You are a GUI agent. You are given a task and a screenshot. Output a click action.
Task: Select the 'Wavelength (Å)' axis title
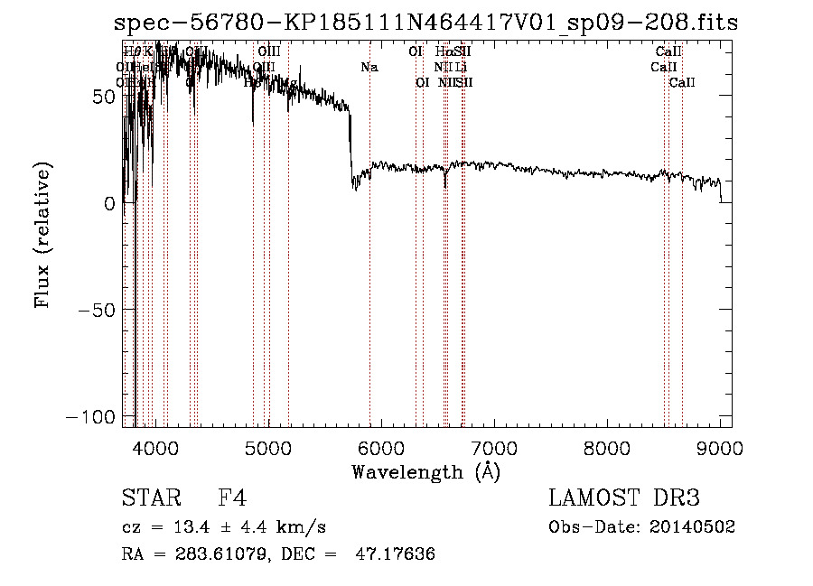click(425, 471)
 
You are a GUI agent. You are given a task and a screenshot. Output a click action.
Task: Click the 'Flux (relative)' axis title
click(42, 234)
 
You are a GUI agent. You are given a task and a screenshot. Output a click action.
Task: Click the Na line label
click(369, 67)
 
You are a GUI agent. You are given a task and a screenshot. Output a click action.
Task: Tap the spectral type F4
click(232, 498)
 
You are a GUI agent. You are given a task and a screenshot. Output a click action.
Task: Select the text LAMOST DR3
click(624, 498)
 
